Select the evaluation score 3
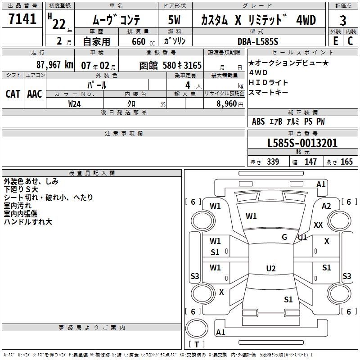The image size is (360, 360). [343, 21]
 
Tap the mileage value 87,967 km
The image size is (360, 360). [54, 65]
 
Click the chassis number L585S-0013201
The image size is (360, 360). [302, 144]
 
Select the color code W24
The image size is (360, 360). [75, 103]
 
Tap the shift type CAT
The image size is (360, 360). [13, 94]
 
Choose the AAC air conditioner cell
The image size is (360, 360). [35, 94]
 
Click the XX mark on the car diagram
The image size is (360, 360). [318, 225]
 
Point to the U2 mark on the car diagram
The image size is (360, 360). [270, 269]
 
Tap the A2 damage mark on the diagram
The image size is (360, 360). [327, 206]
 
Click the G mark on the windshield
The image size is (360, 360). [284, 237]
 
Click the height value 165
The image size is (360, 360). [346, 162]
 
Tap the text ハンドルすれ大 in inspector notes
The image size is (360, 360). [28, 222]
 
